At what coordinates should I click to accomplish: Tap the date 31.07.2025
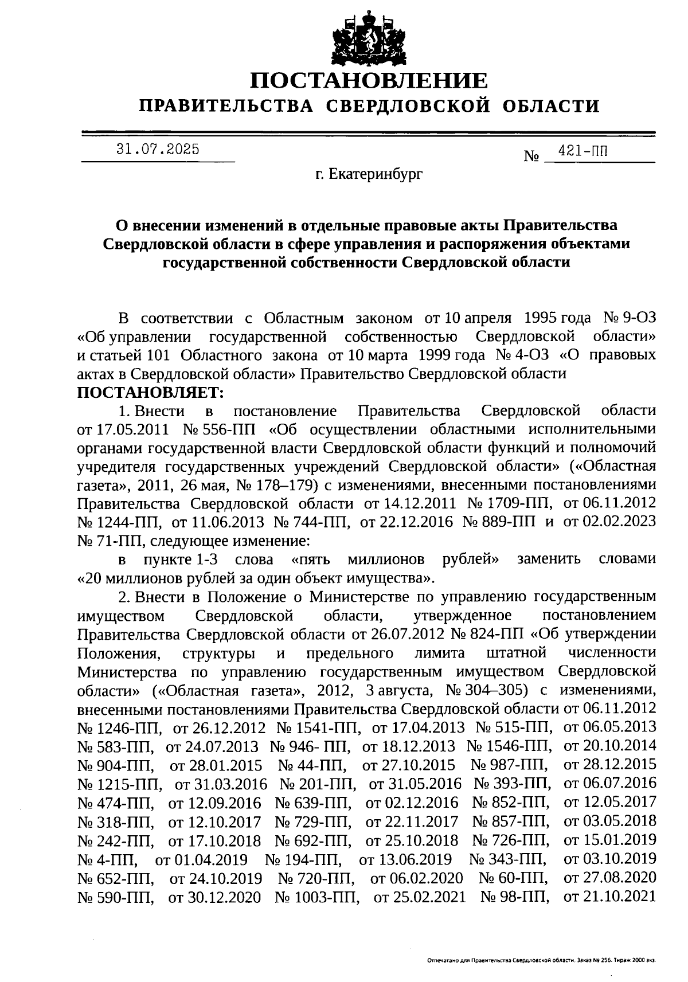[158, 150]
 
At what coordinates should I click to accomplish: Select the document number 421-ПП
[586, 152]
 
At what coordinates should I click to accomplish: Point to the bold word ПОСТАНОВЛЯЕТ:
[148, 393]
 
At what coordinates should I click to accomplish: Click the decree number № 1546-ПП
[509, 746]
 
